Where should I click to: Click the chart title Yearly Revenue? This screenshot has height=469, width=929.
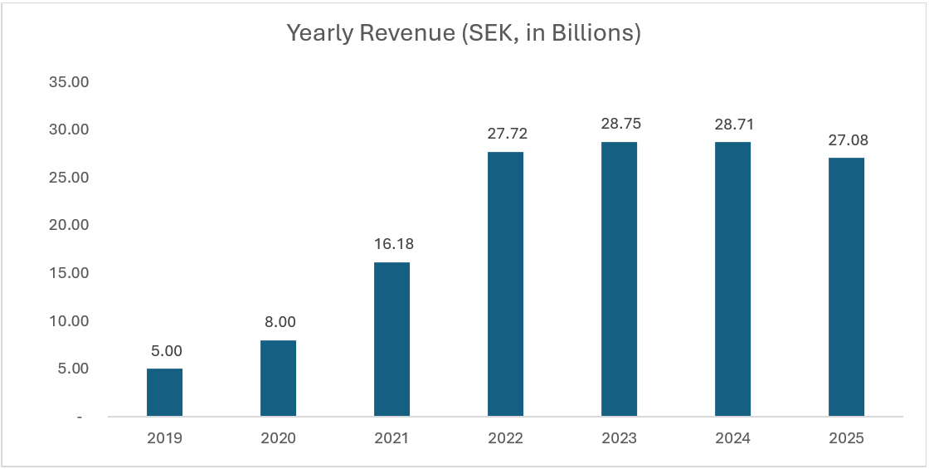[464, 34]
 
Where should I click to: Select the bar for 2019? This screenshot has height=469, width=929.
[164, 393]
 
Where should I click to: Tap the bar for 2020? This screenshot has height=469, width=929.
[278, 379]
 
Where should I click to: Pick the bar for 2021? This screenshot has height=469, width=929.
[392, 340]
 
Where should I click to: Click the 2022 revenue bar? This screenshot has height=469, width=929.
[505, 284]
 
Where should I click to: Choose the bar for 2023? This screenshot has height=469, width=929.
[619, 279]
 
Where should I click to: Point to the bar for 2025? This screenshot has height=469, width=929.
[846, 287]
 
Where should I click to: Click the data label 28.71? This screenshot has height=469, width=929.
[732, 125]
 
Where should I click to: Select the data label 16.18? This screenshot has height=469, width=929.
[392, 245]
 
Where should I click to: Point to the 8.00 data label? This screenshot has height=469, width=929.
[278, 323]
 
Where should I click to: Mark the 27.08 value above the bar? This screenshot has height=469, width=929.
[846, 140]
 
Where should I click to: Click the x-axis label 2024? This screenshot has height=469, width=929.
[732, 438]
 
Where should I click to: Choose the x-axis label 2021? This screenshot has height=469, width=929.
[392, 438]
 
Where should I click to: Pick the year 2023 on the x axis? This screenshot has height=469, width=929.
[619, 438]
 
